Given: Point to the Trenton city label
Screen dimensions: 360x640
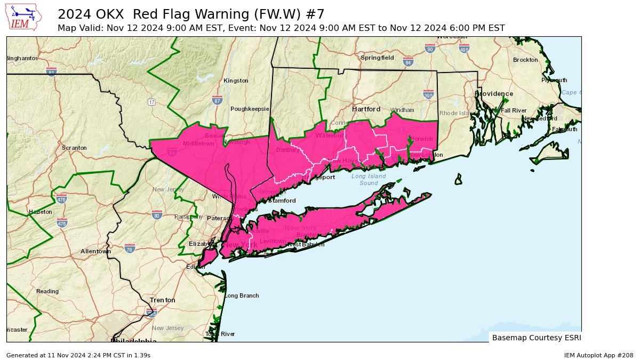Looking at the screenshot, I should point(162,300).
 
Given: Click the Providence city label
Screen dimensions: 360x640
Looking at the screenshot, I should point(494,94).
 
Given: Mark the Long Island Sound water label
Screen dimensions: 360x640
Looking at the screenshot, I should point(369,180).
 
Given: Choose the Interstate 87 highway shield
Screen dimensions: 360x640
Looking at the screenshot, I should point(217,100).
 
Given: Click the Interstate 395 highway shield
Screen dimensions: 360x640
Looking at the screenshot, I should point(428,95).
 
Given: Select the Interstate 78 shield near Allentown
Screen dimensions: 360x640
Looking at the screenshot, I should point(129,249).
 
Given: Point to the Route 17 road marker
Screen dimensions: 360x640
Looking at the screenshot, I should point(151,102).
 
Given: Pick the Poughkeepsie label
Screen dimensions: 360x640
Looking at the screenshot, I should point(250,109).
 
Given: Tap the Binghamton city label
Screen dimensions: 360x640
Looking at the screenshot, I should point(22,58).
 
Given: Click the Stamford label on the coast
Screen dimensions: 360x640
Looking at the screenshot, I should point(282,201).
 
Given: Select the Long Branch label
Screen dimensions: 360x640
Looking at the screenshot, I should point(242,295).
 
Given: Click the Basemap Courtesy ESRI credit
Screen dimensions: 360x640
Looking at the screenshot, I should point(536,338).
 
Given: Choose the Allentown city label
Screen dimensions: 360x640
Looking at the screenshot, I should point(95,251).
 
